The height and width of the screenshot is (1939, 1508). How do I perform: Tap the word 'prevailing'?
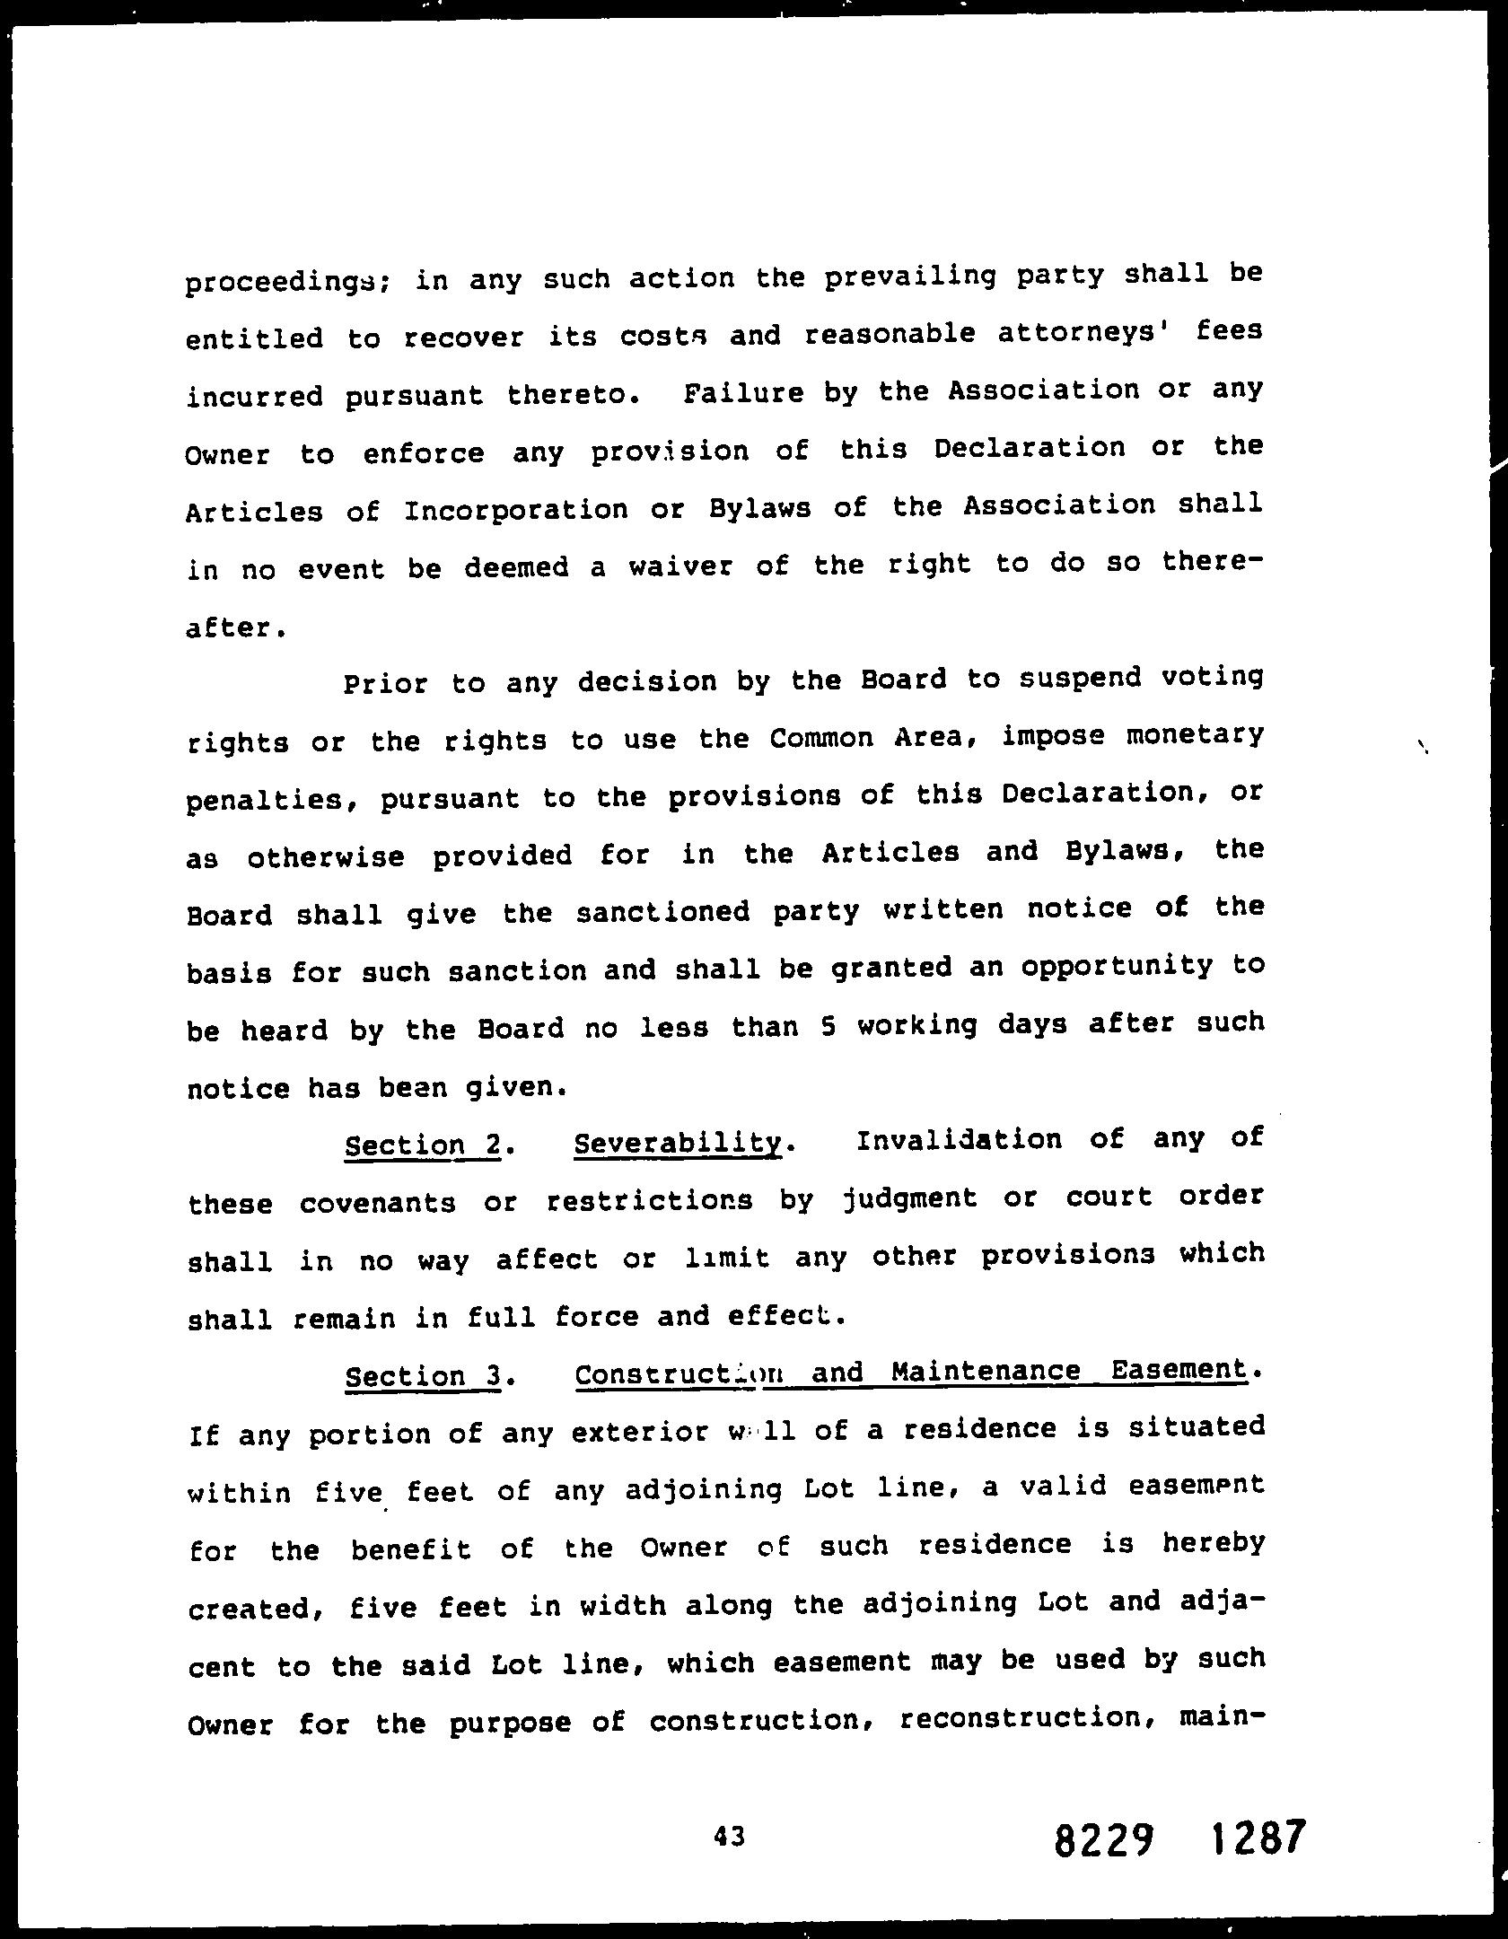(x=909, y=277)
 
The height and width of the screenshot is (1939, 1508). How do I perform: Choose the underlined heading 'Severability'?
(x=678, y=1144)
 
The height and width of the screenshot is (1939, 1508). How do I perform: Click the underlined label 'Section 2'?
(x=421, y=1145)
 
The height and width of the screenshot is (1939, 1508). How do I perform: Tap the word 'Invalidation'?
(x=959, y=1141)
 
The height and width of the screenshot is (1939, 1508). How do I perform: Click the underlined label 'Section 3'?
(x=421, y=1376)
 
